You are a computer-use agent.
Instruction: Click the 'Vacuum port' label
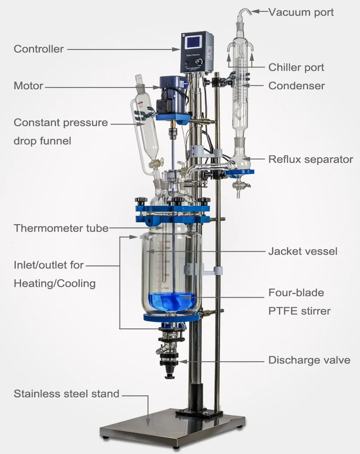[x=301, y=12]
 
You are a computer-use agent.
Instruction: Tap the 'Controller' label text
[x=39, y=49]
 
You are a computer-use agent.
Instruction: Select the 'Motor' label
[x=28, y=85]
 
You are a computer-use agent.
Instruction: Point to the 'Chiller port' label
[x=296, y=67]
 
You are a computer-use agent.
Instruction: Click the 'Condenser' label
[x=296, y=85]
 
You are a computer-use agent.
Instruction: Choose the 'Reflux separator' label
[x=311, y=159]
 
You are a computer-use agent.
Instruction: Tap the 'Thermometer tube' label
[x=61, y=228]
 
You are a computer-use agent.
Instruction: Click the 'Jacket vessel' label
[x=303, y=251]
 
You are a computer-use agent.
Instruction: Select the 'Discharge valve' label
[x=309, y=360]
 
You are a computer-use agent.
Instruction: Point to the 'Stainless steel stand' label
[x=66, y=394]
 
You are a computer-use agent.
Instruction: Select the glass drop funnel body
[x=143, y=127]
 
